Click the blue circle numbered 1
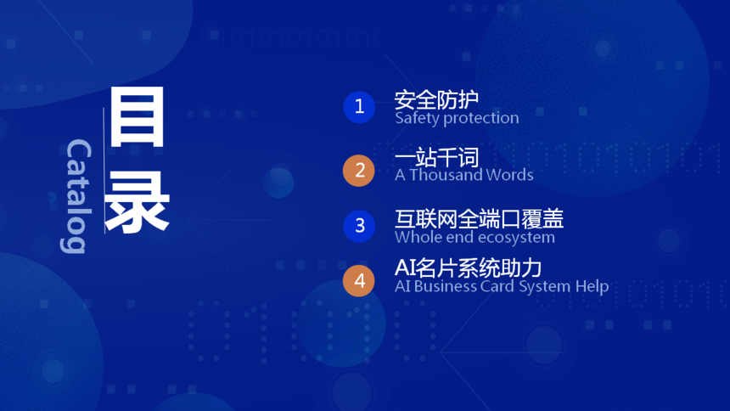click(x=359, y=107)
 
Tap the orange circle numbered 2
click(x=359, y=171)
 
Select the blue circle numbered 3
click(x=359, y=226)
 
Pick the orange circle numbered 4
click(x=359, y=280)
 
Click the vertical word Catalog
click(x=76, y=196)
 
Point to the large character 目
click(x=137, y=116)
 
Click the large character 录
click(x=137, y=202)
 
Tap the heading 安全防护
click(x=436, y=99)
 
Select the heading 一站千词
click(x=436, y=157)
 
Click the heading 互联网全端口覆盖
click(x=479, y=219)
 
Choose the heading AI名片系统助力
click(x=468, y=268)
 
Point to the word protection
click(x=481, y=118)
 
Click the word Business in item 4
click(x=445, y=285)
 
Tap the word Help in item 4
click(x=592, y=286)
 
